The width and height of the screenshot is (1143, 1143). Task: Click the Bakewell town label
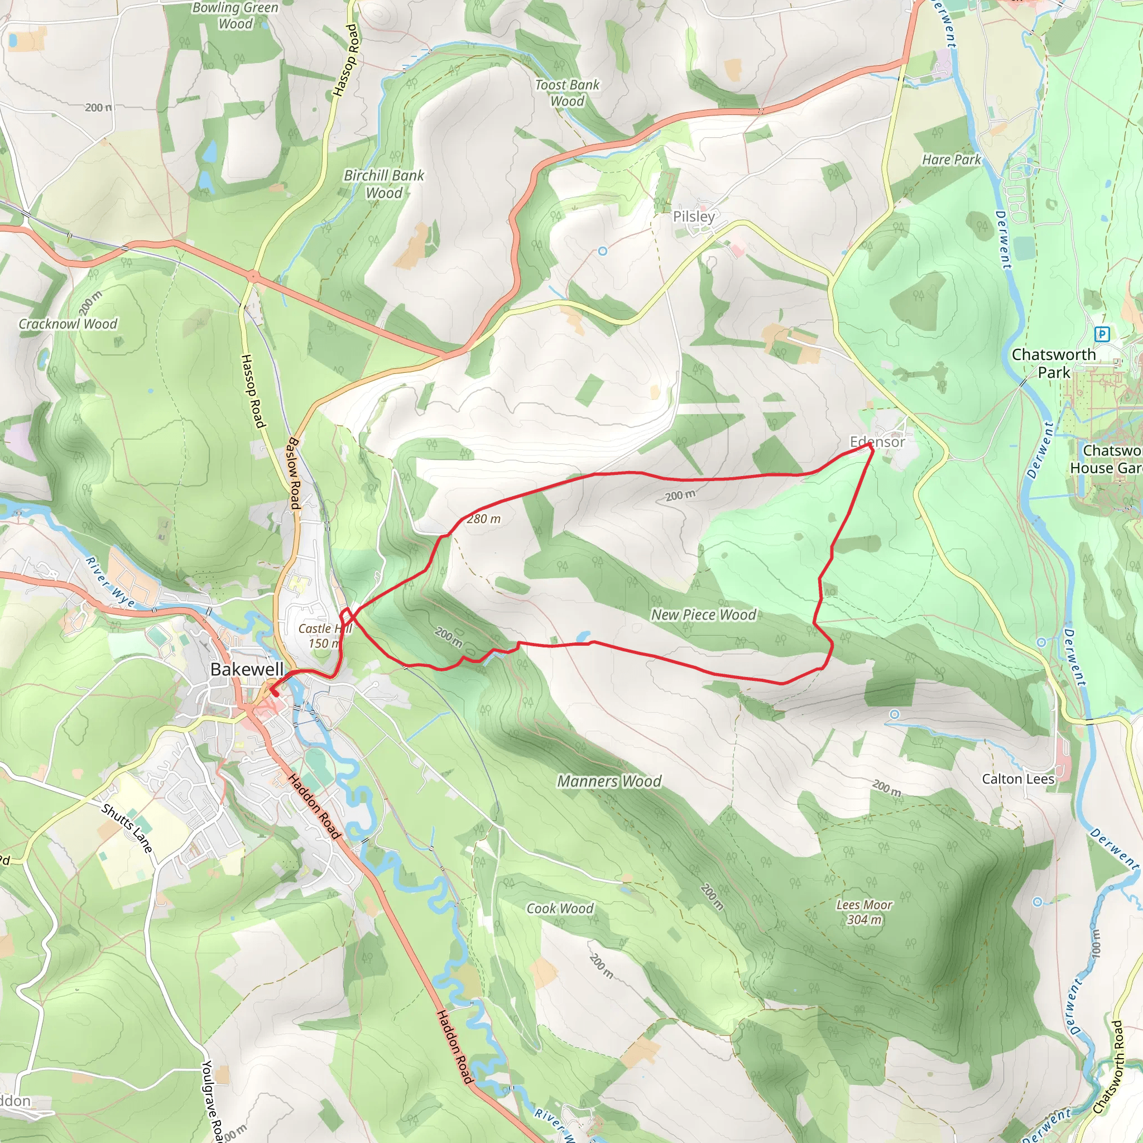pyautogui.click(x=247, y=669)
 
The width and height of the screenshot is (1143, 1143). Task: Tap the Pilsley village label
pyautogui.click(x=694, y=217)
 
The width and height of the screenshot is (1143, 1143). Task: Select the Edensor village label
pyautogui.click(x=877, y=442)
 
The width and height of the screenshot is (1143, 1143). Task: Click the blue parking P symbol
pyautogui.click(x=1101, y=334)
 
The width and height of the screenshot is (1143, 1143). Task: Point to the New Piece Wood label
pyautogui.click(x=703, y=614)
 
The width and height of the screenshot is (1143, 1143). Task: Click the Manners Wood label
pyautogui.click(x=609, y=781)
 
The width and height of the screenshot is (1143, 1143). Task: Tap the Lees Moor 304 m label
pyautogui.click(x=864, y=912)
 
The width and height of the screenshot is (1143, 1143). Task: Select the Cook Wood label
pyautogui.click(x=560, y=908)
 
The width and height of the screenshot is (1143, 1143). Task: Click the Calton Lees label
pyautogui.click(x=1017, y=779)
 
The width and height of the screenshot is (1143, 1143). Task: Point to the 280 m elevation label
pyautogui.click(x=483, y=519)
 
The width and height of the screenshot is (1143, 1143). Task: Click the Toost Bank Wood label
pyautogui.click(x=567, y=93)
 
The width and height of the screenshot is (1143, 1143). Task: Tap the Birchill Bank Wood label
pyautogui.click(x=384, y=184)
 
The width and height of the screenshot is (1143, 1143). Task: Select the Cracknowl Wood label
pyautogui.click(x=68, y=324)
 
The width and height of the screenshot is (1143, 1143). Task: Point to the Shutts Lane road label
pyautogui.click(x=127, y=828)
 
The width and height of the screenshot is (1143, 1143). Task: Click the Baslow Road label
pyautogui.click(x=294, y=473)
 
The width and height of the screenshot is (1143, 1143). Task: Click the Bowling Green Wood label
pyautogui.click(x=235, y=16)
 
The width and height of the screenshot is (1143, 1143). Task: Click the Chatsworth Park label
pyautogui.click(x=1054, y=363)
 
